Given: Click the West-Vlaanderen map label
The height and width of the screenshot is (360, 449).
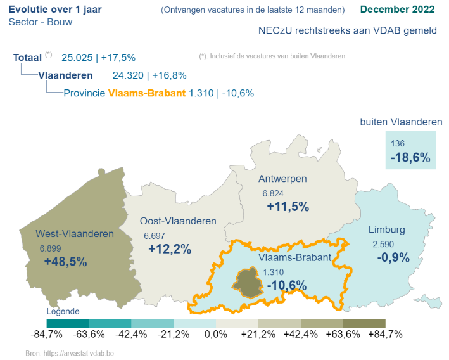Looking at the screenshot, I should coord(70,233).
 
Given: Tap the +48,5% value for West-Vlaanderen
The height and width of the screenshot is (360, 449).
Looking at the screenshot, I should coord(65,261).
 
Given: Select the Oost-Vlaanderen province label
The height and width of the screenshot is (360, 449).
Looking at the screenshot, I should coord(178,221).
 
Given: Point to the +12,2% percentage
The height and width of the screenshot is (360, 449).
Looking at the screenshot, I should coord(170,249).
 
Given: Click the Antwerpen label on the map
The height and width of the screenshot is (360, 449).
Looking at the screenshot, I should coord(282,179).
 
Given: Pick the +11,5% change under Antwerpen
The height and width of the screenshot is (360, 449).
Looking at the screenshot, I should coord(288,207).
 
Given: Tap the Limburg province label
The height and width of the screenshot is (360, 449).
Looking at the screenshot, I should coord(386,229).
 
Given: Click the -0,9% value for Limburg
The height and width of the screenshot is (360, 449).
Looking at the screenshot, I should coord(393,258).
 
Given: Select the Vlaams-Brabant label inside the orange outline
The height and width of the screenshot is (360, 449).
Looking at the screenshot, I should coord(295,258).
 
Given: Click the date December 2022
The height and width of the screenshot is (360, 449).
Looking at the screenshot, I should coord(398,10).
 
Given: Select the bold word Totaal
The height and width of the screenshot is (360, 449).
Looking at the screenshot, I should coord(27,58).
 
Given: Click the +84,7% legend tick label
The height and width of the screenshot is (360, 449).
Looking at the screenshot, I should coord(385,334).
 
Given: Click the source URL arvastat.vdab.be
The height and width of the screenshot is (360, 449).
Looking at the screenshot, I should coord(88,352).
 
